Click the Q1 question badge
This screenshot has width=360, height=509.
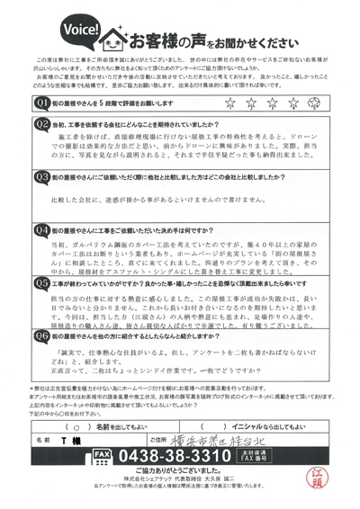(x=40, y=103)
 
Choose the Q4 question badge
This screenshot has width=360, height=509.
(x=40, y=230)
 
